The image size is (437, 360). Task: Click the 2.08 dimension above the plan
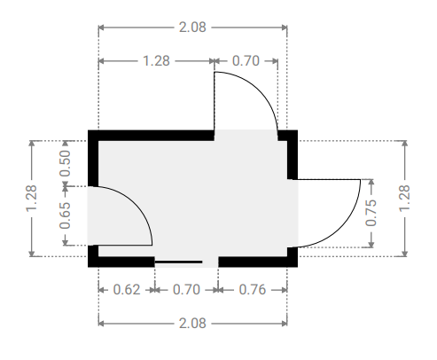point(192,27)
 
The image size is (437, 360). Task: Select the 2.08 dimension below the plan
point(192,323)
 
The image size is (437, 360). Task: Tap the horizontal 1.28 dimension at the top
point(156,61)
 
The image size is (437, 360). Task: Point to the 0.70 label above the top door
point(246,61)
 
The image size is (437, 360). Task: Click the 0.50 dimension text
point(65,163)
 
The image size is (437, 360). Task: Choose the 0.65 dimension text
point(65,215)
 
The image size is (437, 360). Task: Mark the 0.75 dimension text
point(371,213)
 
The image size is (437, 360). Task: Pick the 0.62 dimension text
point(127,290)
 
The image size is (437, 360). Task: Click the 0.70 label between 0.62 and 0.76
point(186,290)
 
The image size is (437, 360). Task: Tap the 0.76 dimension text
point(253,290)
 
